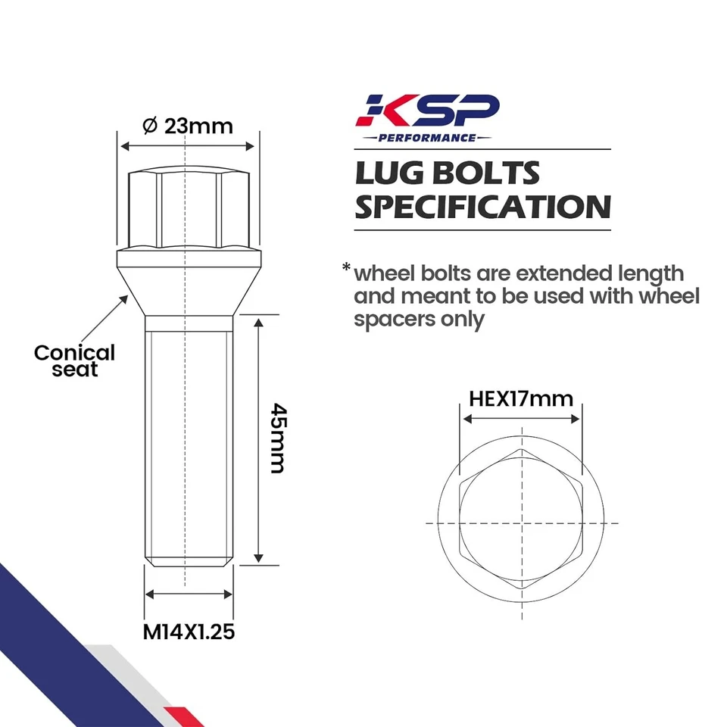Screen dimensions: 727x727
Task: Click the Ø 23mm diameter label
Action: coord(187,126)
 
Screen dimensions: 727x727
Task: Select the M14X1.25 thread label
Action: coord(189,631)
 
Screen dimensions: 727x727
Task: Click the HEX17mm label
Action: coord(521,398)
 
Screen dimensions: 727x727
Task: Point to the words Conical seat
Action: coord(74,360)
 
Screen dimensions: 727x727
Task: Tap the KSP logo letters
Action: coord(429,111)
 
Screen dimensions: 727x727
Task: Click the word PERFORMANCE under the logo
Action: coord(429,138)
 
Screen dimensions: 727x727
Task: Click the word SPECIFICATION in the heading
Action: coord(482,207)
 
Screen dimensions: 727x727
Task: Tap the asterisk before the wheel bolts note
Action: coord(346,268)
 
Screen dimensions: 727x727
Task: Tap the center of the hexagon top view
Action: coord(521,523)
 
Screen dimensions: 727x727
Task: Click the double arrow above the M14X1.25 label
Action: coord(189,594)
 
